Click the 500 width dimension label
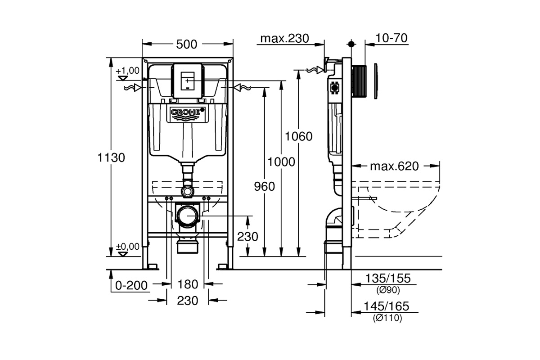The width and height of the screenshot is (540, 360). (x=187, y=45)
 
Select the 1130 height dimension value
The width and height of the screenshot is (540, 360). (x=111, y=157)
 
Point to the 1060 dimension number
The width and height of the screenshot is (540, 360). (x=299, y=136)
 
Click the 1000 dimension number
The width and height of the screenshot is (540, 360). (x=281, y=162)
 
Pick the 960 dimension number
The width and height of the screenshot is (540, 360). (x=265, y=187)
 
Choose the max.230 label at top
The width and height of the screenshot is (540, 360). (x=285, y=39)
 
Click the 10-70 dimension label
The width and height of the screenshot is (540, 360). (x=391, y=38)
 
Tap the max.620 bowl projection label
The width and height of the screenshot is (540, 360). (x=394, y=166)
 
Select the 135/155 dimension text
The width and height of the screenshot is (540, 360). (x=388, y=279)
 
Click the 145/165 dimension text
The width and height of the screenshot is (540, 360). (x=387, y=306)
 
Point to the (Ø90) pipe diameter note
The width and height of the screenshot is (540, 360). (x=388, y=290)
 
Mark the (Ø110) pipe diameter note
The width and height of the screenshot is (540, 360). (x=387, y=318)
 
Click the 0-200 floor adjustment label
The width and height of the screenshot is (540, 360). (x=131, y=286)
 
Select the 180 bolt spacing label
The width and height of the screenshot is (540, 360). (x=188, y=284)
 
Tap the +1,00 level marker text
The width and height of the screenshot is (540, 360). (x=127, y=71)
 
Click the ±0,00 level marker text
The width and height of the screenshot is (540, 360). (x=127, y=247)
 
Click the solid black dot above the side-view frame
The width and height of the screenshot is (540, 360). (x=351, y=44)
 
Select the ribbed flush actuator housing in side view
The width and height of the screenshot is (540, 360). (x=359, y=81)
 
